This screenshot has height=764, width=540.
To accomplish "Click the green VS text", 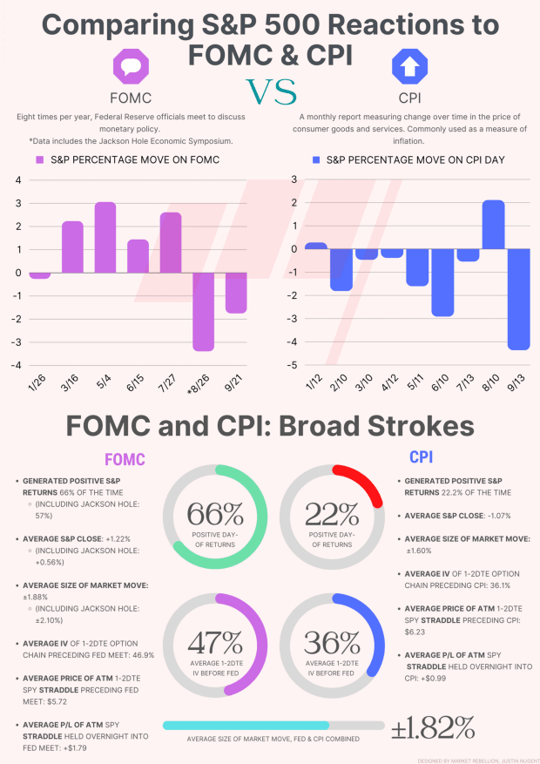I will (270, 91).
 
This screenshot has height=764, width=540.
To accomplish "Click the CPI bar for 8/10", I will (493, 225).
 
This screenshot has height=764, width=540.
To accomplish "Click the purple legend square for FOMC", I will (39, 160).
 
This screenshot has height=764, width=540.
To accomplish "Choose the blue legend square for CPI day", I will (317, 160).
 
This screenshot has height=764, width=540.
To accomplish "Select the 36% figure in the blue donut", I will (331, 643).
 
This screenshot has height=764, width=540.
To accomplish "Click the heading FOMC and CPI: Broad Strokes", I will (270, 426).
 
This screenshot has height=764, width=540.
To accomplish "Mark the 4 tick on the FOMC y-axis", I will (17, 180).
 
